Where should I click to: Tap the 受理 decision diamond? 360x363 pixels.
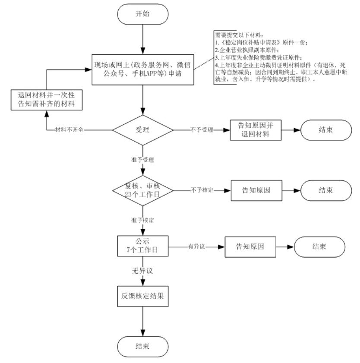[142, 129]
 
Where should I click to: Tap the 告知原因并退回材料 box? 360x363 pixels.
[253, 129]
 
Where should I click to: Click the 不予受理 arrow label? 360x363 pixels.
[202, 129]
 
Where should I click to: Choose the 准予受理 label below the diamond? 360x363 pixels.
[143, 159]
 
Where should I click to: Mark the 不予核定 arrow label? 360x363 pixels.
[202, 189]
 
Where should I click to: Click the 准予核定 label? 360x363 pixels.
[143, 220]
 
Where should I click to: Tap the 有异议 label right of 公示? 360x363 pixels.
[195, 247]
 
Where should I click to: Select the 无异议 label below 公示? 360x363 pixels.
[142, 271]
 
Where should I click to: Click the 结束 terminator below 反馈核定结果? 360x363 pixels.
[142, 346]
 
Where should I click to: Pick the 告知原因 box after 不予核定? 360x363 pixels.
[256, 189]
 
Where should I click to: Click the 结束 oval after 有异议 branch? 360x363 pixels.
[320, 247]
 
